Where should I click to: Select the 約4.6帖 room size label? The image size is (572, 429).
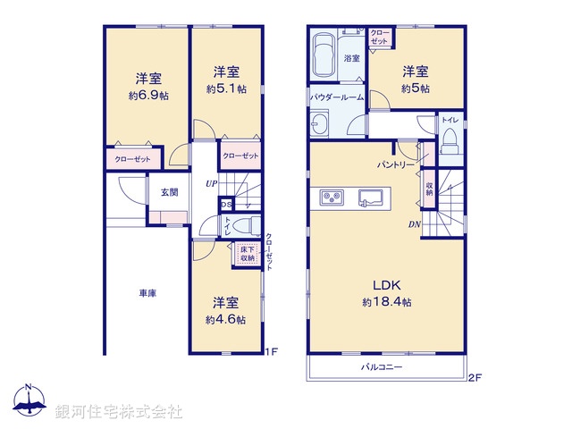point(224,319)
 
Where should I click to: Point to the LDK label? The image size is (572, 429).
point(387,285)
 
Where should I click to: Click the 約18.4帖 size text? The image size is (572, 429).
point(387,303)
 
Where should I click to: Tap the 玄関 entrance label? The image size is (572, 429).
point(169,192)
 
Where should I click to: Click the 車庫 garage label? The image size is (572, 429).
point(147,292)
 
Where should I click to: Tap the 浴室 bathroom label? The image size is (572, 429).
point(351,58)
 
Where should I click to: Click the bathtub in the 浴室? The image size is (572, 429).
point(324,55)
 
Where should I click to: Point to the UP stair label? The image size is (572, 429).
point(211,184)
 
